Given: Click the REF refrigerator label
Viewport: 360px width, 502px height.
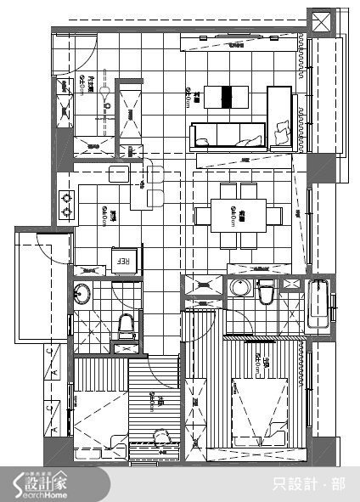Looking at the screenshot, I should click(121, 262).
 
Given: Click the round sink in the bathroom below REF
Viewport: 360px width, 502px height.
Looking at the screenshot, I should click(82, 295).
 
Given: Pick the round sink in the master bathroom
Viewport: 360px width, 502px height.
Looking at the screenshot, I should click(239, 288).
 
